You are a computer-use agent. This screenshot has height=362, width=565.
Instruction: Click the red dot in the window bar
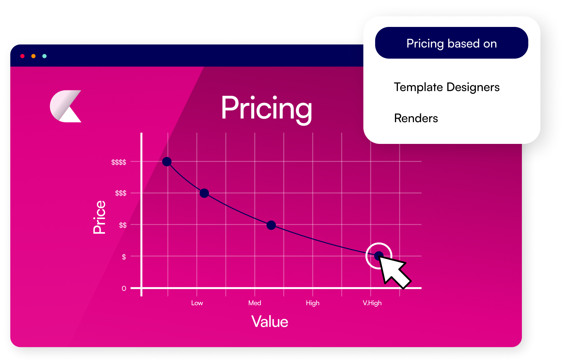pos(22,56)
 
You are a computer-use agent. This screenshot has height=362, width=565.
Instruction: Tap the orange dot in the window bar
pos(34,56)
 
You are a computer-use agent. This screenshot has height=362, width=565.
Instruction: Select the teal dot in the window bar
pos(44,56)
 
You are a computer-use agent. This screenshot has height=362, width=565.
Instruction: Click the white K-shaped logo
pos(66,106)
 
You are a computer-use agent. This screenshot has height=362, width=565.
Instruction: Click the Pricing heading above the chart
pos(266,109)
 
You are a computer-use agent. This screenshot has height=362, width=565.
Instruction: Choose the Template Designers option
pos(446,87)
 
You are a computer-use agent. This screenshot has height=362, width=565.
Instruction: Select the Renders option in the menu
pos(416,118)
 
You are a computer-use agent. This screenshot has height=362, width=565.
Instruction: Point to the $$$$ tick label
pos(119,162)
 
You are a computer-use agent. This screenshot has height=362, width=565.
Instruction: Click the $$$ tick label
pos(121,193)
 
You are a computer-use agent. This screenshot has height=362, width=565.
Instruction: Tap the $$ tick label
pos(123,225)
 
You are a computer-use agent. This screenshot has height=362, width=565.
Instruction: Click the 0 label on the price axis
pos(124,288)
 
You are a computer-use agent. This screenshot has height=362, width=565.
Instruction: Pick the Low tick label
pos(197,303)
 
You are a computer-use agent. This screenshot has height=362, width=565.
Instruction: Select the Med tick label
pos(255,303)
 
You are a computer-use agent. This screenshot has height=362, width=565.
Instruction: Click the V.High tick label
pos(372,303)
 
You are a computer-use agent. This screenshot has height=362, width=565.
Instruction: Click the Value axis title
pos(269,322)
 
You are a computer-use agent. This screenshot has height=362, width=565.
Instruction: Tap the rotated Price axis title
pos(99,217)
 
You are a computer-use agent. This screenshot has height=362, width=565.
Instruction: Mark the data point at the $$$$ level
pos(167,162)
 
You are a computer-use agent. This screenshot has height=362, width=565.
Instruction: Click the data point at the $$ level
pos(271,225)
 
